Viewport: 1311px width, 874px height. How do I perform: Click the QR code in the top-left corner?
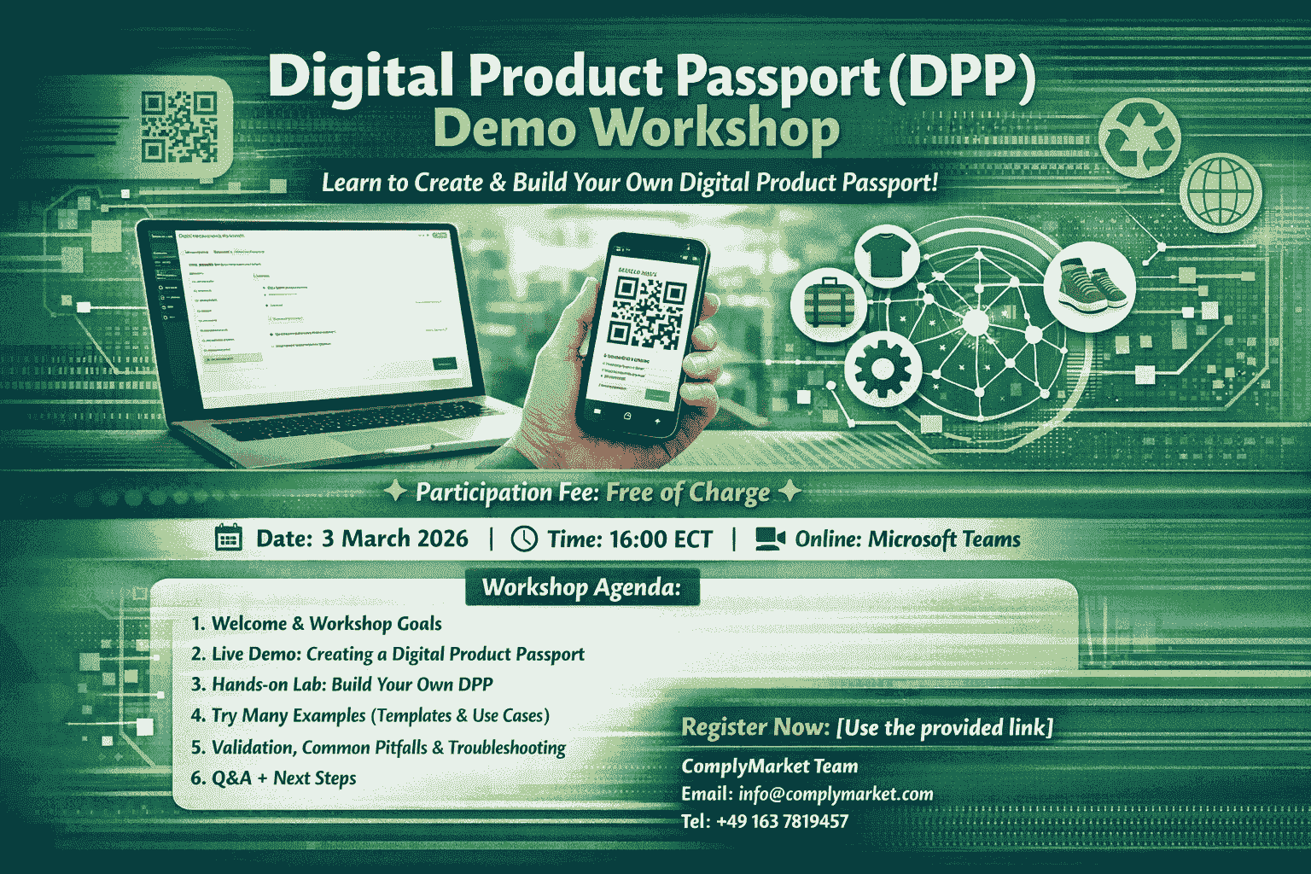pos(179,127)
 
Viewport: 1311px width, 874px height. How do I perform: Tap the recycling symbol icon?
pos(1139,137)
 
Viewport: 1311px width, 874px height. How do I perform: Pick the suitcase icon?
pos(823,303)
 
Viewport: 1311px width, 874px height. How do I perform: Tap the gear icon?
pos(882,369)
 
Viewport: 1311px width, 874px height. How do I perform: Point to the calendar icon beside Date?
pos(228,539)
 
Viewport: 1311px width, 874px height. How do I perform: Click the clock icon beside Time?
pos(523,539)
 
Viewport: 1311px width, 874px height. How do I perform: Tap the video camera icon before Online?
pos(769,539)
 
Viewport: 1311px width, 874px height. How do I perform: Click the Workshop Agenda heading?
pos(581,587)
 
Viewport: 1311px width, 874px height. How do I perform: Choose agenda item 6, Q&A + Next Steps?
pos(273,778)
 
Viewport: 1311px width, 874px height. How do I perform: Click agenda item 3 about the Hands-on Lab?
pos(341,685)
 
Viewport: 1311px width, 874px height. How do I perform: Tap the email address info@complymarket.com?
pos(836,794)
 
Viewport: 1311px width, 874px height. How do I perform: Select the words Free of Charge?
pos(688,492)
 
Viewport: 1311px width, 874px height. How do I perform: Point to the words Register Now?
pos(755,727)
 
